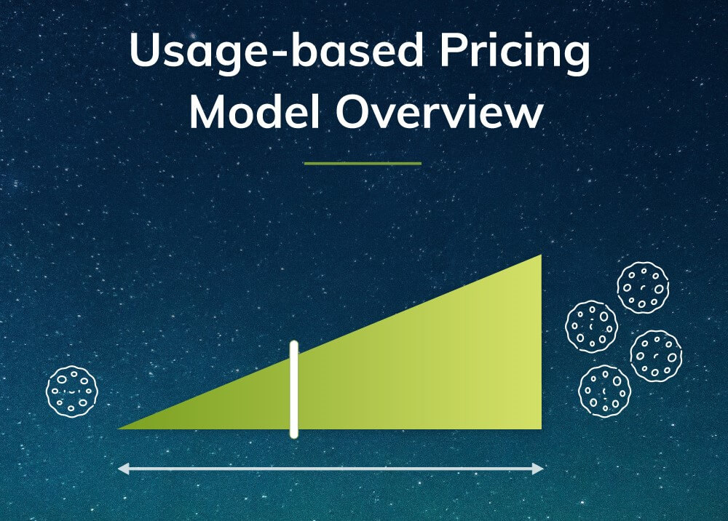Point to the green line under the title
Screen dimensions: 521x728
[363, 164]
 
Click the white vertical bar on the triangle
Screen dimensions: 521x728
[294, 389]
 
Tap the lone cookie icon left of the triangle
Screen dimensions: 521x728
[71, 391]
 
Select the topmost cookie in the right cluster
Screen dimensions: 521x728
[643, 288]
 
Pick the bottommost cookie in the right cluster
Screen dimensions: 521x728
[604, 391]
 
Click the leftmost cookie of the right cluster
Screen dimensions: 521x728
[591, 326]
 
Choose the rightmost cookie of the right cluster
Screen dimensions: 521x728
[655, 356]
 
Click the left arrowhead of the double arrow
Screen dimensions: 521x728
[123, 469]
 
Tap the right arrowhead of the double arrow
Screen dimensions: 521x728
[539, 469]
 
